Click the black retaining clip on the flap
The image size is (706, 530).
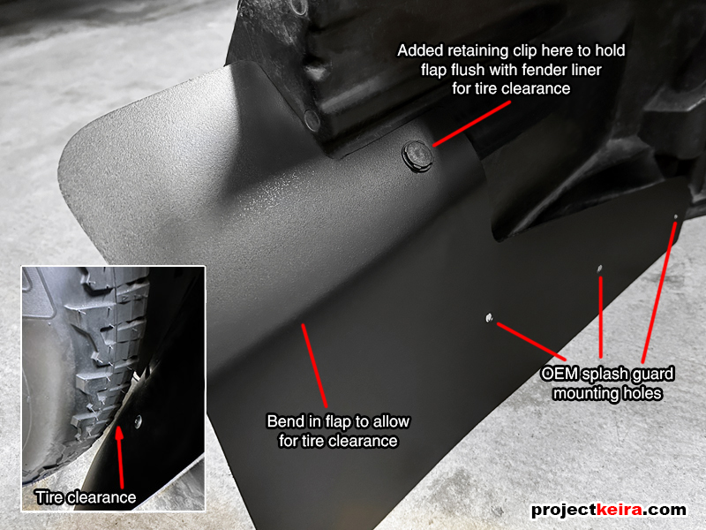(417, 155)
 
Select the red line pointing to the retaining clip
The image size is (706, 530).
(472, 124)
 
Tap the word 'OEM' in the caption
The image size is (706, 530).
(560, 374)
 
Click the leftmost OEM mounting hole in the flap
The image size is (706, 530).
(489, 318)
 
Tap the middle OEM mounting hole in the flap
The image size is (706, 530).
(599, 269)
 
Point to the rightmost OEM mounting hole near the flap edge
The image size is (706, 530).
(675, 217)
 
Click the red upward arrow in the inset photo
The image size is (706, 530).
(120, 456)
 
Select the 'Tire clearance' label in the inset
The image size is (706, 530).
(86, 497)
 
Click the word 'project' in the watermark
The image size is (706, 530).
(563, 511)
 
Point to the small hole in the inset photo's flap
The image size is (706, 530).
(138, 421)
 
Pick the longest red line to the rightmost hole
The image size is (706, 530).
(658, 292)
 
